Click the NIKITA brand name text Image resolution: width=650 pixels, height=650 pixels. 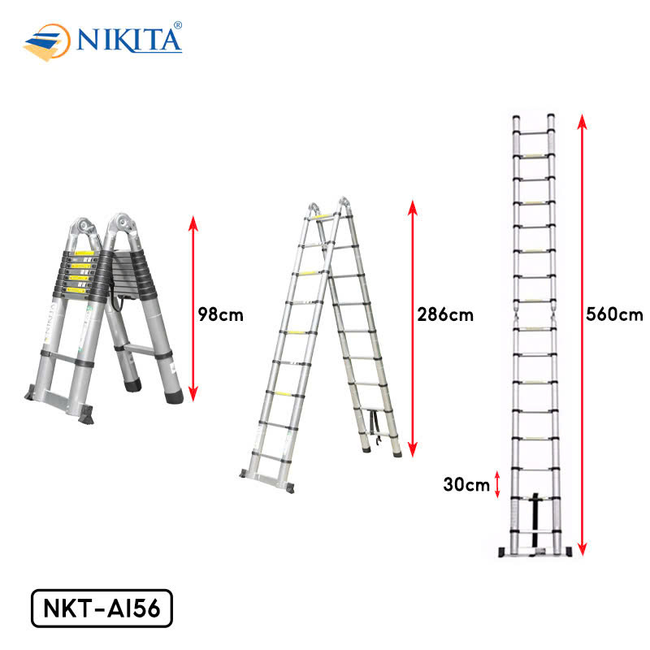[129, 40]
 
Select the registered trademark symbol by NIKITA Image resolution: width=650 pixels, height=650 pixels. [177, 25]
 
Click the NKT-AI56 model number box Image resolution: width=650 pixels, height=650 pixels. [102, 608]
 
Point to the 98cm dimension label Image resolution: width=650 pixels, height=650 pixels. [220, 314]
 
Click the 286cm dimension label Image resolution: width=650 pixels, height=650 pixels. [445, 314]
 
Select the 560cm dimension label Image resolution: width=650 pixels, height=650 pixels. [614, 314]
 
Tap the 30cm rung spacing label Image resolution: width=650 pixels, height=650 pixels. [466, 484]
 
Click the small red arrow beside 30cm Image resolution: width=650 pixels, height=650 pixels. [497, 484]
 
